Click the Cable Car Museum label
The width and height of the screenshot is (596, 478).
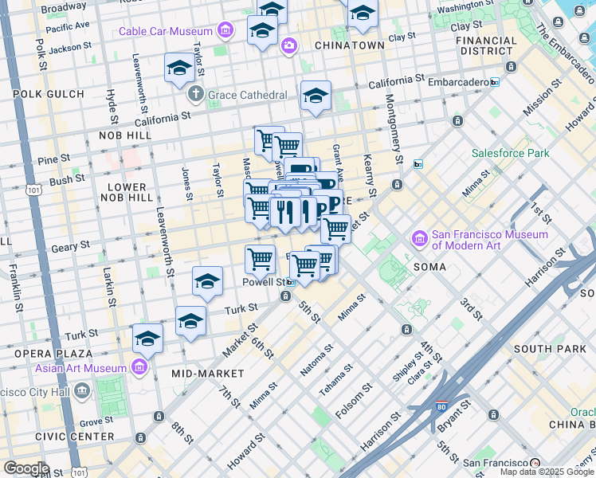coord(166,32)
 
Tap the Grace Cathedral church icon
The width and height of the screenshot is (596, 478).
coord(195,95)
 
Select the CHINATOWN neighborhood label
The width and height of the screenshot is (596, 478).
coord(349,45)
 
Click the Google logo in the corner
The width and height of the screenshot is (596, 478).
coord(26,468)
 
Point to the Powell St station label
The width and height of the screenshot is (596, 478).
coord(265,282)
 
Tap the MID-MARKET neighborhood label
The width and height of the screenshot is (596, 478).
coord(207,373)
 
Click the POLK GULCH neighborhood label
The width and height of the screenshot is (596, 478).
coord(43,94)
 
